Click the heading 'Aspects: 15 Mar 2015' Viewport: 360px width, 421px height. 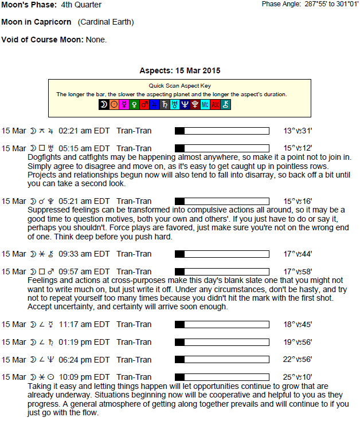(x=180, y=70)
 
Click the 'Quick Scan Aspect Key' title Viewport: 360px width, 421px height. (x=180, y=85)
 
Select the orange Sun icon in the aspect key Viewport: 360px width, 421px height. (x=114, y=104)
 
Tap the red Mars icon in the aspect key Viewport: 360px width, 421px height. (x=145, y=104)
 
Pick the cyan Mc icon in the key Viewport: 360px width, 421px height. (x=205, y=104)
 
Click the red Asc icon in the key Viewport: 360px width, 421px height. (x=215, y=104)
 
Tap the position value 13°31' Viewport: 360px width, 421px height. (x=298, y=131)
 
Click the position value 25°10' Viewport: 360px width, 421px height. (x=298, y=377)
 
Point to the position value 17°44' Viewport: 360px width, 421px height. (x=298, y=254)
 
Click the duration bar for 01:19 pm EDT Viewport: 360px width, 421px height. (x=222, y=342)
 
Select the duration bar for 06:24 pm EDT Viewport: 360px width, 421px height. (x=222, y=360)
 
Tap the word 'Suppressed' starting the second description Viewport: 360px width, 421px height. (x=49, y=210)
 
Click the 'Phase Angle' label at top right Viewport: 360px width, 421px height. (x=280, y=4)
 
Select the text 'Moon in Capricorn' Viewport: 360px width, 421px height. (x=37, y=22)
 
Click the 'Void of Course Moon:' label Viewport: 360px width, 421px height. (x=43, y=40)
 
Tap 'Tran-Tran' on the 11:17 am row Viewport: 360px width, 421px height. (x=134, y=324)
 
